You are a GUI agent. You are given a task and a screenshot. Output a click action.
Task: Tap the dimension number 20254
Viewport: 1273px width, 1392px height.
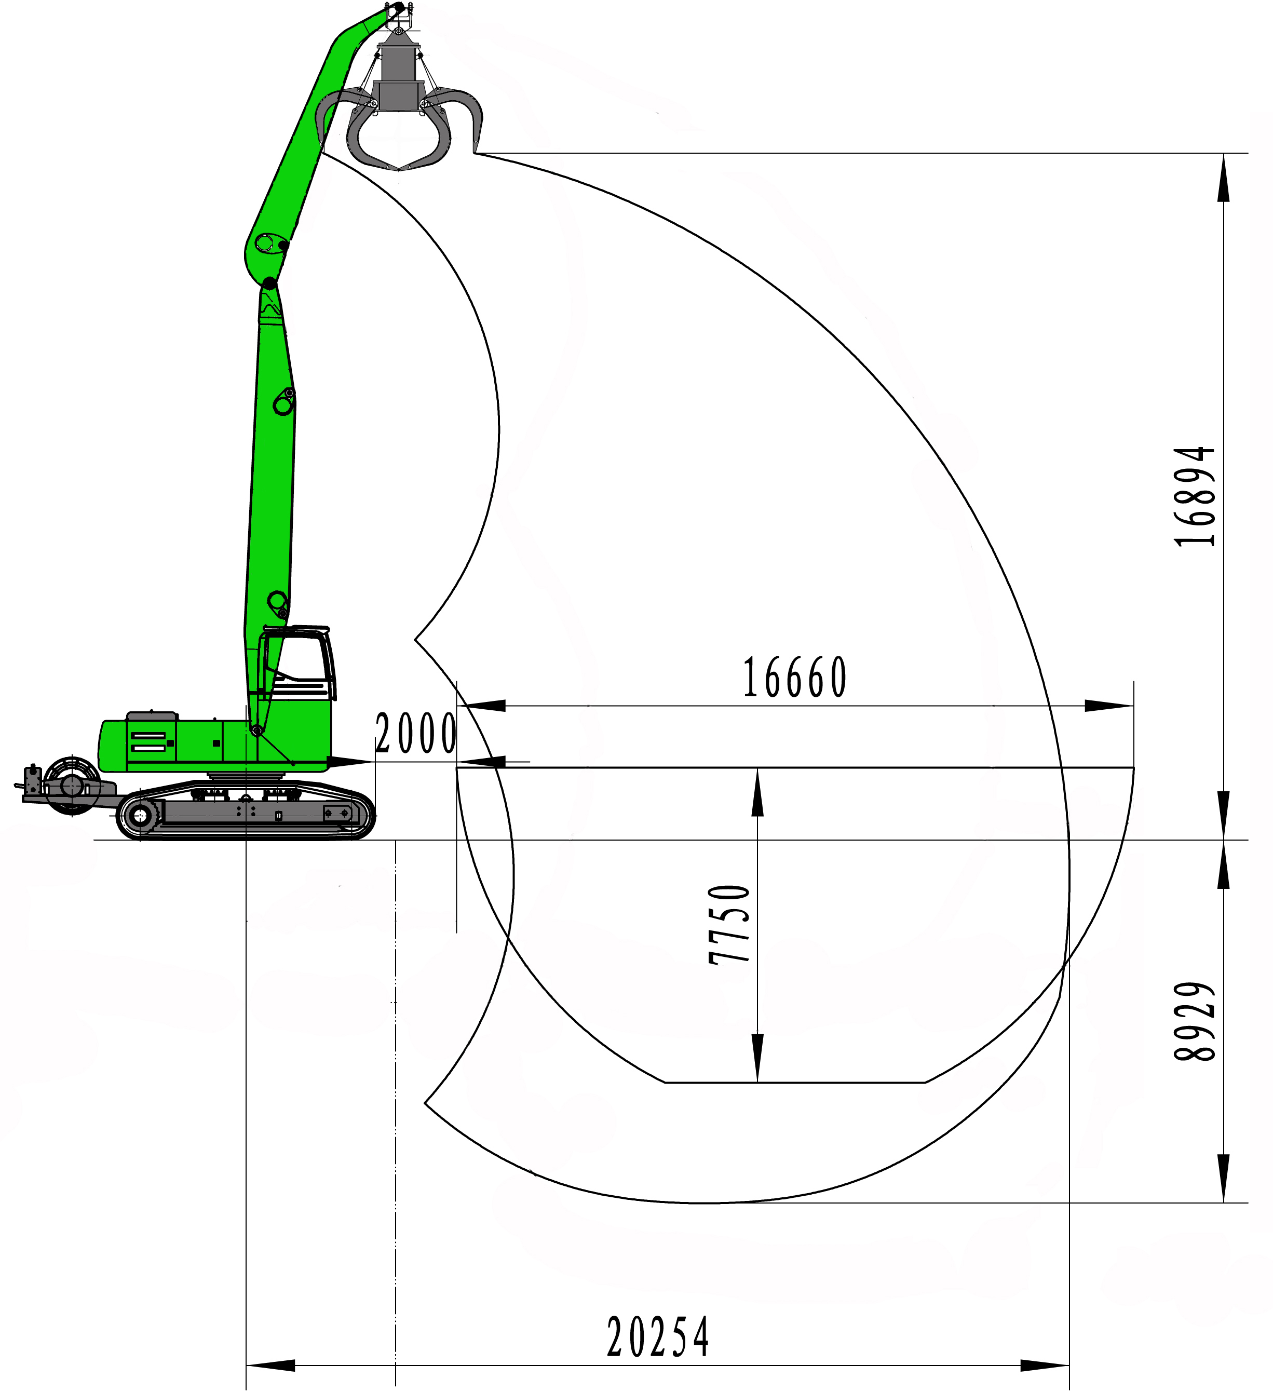[657, 1337]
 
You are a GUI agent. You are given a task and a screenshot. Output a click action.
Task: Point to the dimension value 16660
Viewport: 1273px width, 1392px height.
[795, 678]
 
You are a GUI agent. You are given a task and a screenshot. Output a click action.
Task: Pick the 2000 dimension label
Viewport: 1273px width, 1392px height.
[415, 733]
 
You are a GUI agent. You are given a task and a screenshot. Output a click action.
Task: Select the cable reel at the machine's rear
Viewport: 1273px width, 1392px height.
[71, 785]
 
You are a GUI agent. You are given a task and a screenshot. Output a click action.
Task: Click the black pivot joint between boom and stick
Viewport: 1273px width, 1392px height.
[269, 283]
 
